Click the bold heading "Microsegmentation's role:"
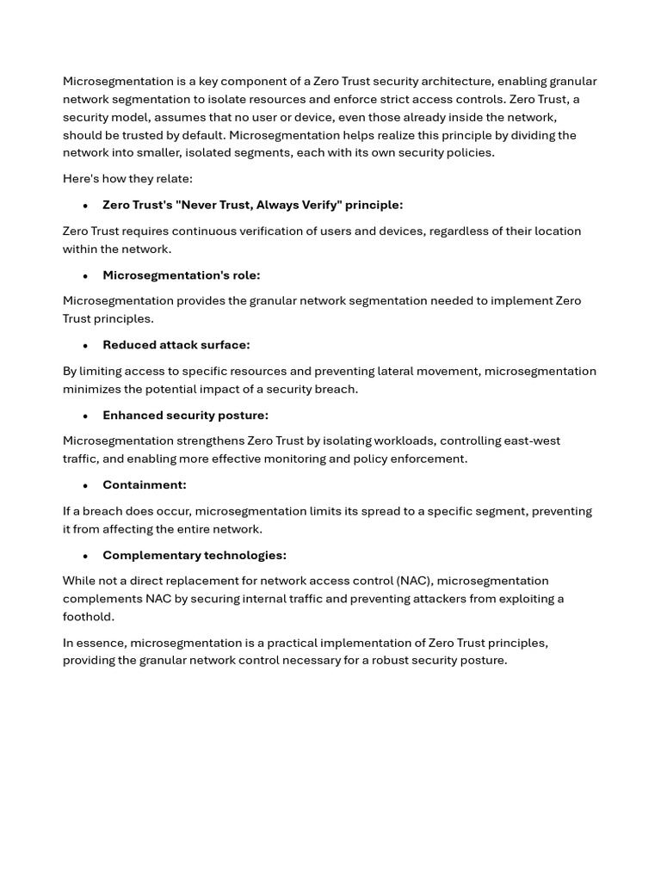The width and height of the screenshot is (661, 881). [x=181, y=275]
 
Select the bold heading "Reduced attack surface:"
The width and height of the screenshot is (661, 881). [x=176, y=345]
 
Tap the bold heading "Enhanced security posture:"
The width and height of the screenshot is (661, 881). [x=185, y=416]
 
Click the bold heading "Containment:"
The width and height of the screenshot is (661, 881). [x=144, y=485]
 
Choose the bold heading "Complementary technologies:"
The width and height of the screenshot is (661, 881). [x=194, y=556]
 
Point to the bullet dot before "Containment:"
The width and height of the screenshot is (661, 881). [x=85, y=486]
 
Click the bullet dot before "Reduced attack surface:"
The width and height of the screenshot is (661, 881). [x=85, y=346]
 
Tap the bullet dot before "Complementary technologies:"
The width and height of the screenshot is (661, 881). [x=85, y=557]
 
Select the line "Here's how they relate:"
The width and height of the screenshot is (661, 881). [x=127, y=179]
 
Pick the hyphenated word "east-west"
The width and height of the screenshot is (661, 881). [x=532, y=440]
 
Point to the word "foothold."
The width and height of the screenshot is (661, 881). [x=88, y=617]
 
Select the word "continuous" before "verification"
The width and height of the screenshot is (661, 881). [x=204, y=231]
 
